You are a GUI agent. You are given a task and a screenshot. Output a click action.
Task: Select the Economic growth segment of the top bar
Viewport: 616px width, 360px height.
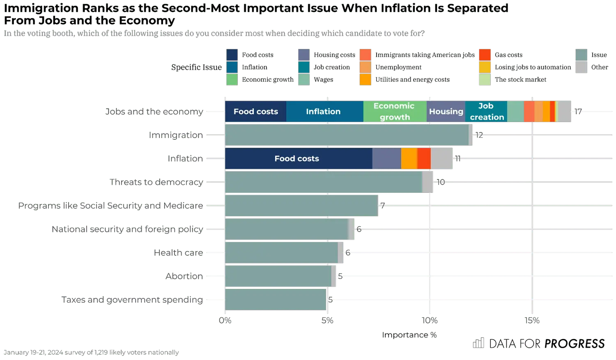pyautogui.click(x=395, y=111)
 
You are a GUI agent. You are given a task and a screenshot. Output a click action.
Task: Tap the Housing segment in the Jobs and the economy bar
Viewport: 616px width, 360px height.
pyautogui.click(x=446, y=111)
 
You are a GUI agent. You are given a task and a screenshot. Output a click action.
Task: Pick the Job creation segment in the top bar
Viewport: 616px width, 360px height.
pyautogui.click(x=486, y=111)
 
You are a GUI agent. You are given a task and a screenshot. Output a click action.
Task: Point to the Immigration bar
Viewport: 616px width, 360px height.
pyautogui.click(x=347, y=135)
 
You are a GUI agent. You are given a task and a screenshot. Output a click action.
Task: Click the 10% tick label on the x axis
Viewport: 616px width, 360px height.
pyautogui.click(x=430, y=320)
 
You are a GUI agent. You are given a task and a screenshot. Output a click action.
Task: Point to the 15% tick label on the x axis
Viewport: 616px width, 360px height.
pyautogui.click(x=532, y=320)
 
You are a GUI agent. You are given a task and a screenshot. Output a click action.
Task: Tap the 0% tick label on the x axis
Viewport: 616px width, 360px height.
pyautogui.click(x=225, y=320)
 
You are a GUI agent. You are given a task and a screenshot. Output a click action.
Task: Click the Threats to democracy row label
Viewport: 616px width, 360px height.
pyautogui.click(x=156, y=182)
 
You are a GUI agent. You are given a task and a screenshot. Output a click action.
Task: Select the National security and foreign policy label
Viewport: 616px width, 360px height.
pyautogui.click(x=127, y=229)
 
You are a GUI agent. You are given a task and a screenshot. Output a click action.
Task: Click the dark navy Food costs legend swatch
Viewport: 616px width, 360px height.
pyautogui.click(x=232, y=55)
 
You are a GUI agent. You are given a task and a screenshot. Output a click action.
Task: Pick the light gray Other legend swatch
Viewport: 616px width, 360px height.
pyautogui.click(x=582, y=67)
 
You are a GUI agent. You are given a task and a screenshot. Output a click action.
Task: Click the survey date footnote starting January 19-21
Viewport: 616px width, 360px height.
pyautogui.click(x=91, y=352)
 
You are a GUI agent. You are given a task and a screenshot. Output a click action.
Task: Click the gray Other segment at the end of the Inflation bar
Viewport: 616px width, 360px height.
pyautogui.click(x=442, y=159)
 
